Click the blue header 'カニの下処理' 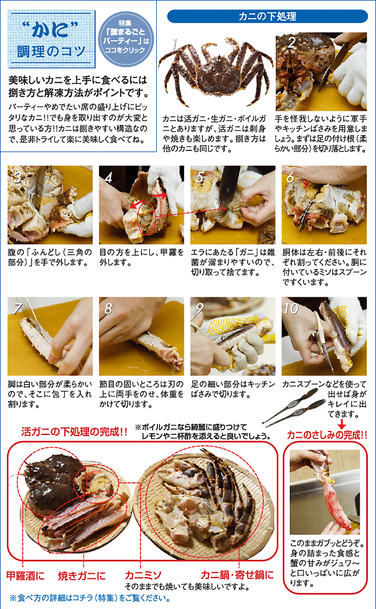coord(267,16)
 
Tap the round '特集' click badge coord(126,39)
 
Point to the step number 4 coord(109,177)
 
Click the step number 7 coord(17,308)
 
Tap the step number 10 coord(292,308)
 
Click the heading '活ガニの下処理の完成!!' coord(74,432)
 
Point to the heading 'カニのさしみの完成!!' coord(327,435)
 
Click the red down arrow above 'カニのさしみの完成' coord(342,424)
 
